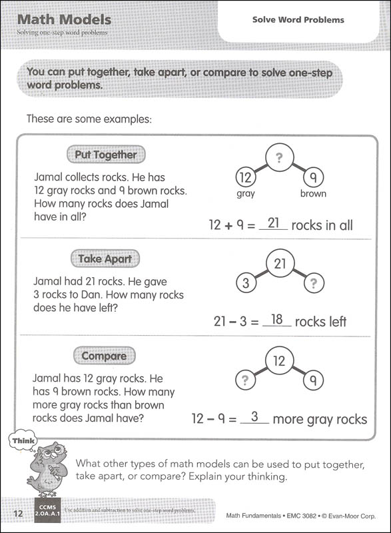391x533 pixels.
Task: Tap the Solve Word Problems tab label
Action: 298,20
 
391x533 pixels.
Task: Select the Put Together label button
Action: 105,155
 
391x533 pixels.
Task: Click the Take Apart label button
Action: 105,259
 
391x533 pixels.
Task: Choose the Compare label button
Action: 103,356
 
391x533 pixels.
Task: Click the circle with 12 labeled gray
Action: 246,178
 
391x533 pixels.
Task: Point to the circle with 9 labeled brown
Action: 312,178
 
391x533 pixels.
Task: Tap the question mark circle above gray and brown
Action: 279,159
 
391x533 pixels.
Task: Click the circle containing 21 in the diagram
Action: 279,264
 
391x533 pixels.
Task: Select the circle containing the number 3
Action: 246,283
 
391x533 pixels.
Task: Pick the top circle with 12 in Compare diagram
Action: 279,361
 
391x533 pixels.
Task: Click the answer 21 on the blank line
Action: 273,223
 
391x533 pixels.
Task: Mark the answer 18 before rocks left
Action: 276,320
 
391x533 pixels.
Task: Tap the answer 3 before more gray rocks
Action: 254,418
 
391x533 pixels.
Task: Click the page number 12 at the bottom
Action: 18,513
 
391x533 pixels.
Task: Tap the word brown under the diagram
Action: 312,194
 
